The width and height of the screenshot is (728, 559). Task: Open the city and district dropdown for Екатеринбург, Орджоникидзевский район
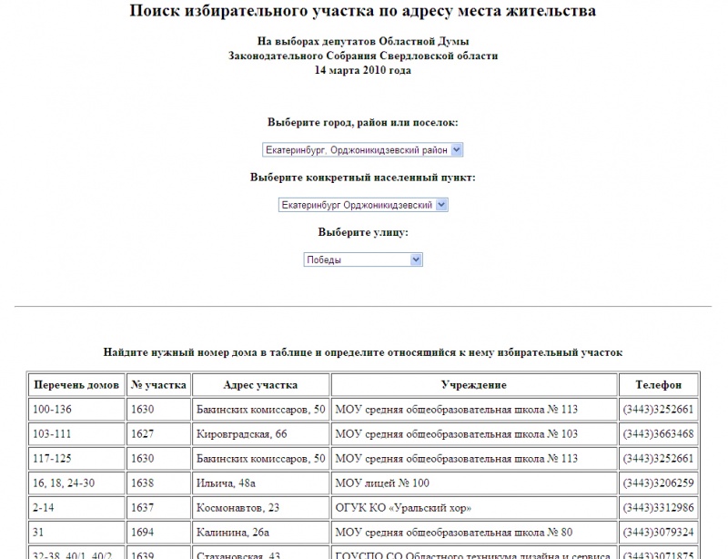[x=362, y=149]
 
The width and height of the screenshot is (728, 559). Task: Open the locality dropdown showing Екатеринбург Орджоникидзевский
[x=363, y=206]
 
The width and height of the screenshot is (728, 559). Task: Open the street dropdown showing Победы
[x=363, y=259]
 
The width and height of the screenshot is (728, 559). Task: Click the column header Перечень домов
[x=76, y=385]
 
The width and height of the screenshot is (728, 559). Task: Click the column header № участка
[x=158, y=385]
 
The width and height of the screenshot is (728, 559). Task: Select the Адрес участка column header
[x=261, y=385]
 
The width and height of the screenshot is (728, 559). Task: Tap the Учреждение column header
[x=473, y=385]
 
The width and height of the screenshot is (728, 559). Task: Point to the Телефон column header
[x=659, y=385]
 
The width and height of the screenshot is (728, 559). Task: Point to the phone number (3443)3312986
[x=658, y=507]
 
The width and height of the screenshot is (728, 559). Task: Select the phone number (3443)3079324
[x=658, y=532]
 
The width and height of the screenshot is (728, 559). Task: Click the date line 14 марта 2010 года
[x=363, y=69]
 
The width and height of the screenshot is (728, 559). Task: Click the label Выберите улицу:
[x=363, y=232]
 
